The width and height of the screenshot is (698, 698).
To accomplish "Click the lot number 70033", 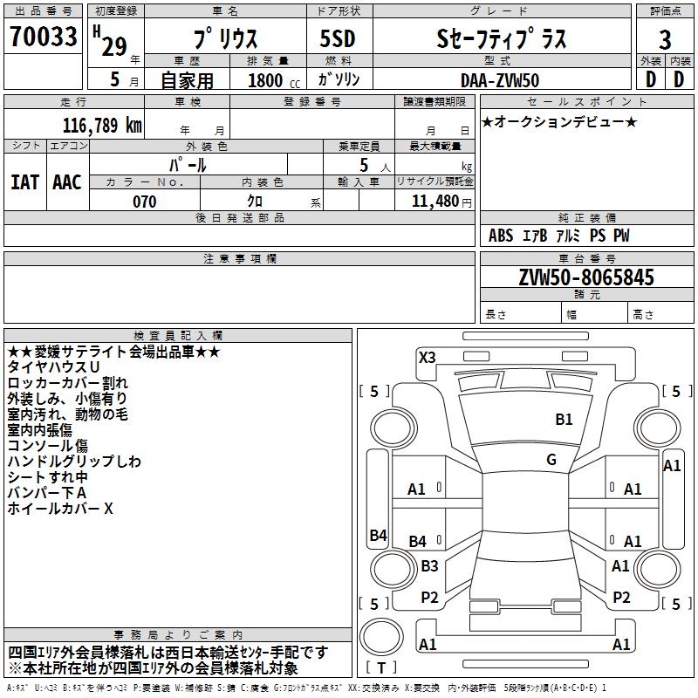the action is [x=43, y=36].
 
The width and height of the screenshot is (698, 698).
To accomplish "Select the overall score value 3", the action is [x=665, y=39].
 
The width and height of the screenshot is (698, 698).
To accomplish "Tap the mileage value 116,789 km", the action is [x=102, y=125].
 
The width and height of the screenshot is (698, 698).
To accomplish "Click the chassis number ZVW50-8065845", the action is [x=586, y=277].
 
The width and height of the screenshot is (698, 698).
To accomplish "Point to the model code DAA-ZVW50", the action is [x=500, y=80].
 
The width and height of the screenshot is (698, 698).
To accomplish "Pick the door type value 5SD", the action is [x=338, y=38].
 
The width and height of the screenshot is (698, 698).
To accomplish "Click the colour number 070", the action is [x=144, y=202].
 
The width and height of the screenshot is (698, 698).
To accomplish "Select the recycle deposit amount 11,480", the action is [x=435, y=201].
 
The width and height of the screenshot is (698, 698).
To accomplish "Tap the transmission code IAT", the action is [x=24, y=182].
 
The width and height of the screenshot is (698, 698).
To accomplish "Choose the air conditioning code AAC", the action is [x=67, y=182].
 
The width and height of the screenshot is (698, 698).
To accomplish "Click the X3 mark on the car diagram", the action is [x=427, y=357].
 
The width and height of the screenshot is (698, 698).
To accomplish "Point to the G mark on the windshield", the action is [x=551, y=460].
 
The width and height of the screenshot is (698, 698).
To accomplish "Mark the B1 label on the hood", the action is [x=564, y=419].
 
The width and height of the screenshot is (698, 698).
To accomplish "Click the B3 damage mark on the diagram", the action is [x=429, y=565].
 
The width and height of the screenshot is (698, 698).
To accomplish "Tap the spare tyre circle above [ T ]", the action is [x=381, y=637].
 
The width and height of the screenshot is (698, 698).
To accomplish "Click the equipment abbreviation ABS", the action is [x=501, y=236].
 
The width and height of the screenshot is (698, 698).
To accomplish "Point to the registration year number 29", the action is [x=114, y=47].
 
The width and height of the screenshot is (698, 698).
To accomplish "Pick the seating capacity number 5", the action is [x=364, y=165].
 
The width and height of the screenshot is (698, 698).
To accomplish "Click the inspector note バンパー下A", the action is [x=47, y=492].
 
